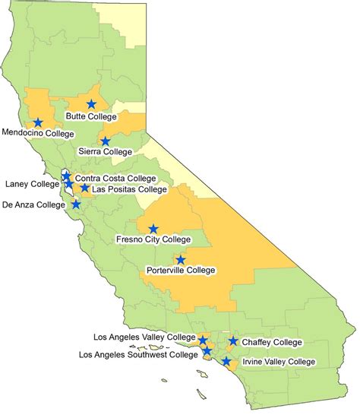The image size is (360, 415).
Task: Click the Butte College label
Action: (x=92, y=117)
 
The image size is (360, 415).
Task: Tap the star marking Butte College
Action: (x=92, y=104)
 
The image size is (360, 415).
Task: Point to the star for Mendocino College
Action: (x=38, y=122)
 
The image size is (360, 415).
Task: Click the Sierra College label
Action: (x=106, y=151)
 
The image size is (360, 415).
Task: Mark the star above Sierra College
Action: (x=106, y=141)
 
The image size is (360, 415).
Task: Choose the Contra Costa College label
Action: (x=115, y=178)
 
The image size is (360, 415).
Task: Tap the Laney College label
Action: (x=30, y=183)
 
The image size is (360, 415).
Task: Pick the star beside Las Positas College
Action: (x=84, y=188)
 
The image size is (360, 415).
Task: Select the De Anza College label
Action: (x=34, y=204)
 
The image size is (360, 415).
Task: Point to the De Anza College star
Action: (x=76, y=204)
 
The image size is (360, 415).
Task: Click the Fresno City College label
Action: (x=153, y=239)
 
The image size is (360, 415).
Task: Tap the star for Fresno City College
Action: (x=153, y=228)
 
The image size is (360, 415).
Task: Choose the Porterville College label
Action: (x=180, y=270)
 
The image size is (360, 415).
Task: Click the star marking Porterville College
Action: (x=180, y=259)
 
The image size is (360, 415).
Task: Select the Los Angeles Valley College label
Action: (x=145, y=337)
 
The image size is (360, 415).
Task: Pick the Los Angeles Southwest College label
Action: (x=142, y=354)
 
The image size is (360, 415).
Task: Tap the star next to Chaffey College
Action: (x=233, y=342)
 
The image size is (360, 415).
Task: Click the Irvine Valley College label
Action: (x=279, y=362)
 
